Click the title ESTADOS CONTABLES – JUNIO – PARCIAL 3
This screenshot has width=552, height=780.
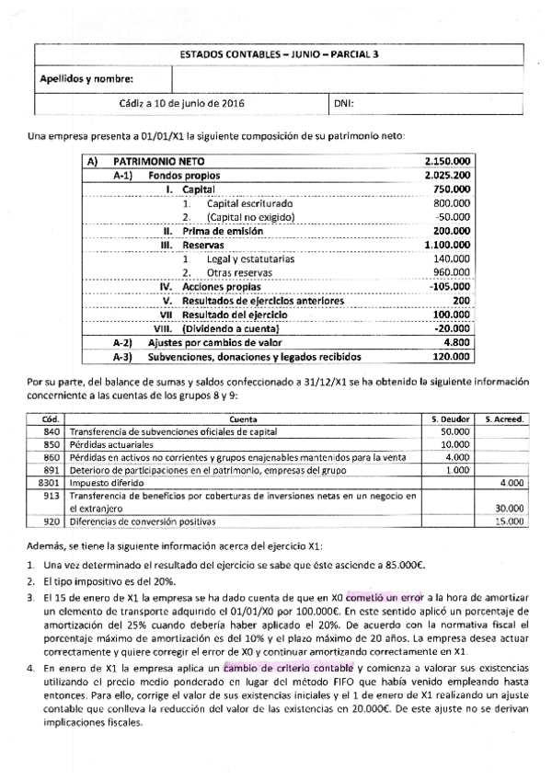(277, 54)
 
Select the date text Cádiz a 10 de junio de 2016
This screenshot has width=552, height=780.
(180, 104)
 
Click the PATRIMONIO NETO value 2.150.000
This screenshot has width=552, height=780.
(450, 160)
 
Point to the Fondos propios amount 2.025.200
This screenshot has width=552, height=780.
(450, 175)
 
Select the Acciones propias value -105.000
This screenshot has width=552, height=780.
(452, 286)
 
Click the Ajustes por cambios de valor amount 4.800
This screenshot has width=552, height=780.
(457, 342)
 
